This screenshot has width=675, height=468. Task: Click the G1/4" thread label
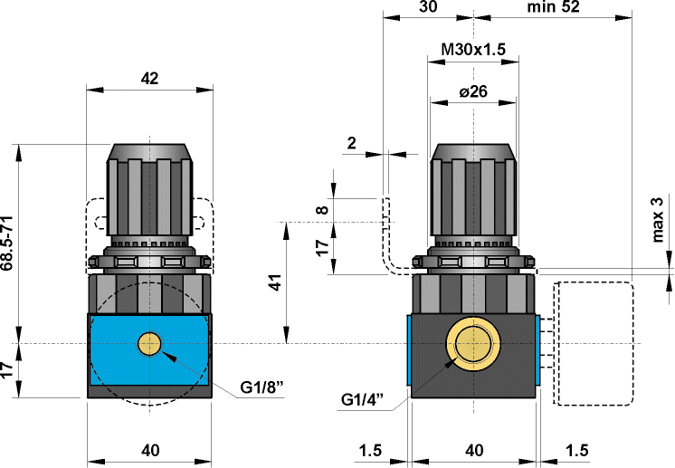[x=364, y=400]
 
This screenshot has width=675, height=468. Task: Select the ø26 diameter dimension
[x=473, y=91]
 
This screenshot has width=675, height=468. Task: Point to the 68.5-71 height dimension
[x=8, y=243]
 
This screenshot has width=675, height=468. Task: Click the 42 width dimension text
[x=150, y=79]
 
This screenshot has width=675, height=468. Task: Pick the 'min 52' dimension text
[x=552, y=7]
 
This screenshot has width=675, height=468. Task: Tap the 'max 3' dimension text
[x=658, y=220]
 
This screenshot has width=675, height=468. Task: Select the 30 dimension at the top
[x=429, y=7]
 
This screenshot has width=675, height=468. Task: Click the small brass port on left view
[x=149, y=344]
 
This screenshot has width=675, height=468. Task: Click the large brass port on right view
[x=473, y=345]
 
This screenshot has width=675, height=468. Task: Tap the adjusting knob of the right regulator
[x=473, y=192]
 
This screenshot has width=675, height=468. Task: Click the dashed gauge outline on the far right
[x=593, y=344]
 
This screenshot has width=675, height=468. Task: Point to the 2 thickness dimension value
[x=351, y=142]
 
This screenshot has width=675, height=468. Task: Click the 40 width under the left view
[x=150, y=450]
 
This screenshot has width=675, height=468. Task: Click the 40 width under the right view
[x=473, y=450]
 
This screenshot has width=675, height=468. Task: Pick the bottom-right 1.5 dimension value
[x=576, y=450]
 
